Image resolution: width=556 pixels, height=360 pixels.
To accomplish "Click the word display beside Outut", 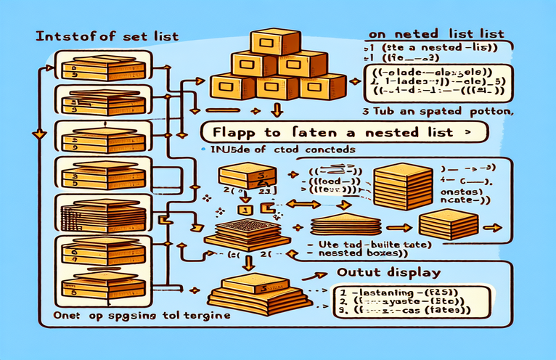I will (x=413, y=274).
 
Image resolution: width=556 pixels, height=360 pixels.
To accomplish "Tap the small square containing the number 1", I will (x=245, y=210).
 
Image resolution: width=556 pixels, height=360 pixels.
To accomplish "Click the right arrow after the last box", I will (x=494, y=226).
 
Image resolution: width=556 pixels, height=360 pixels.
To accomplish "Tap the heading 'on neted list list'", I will (x=427, y=33).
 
